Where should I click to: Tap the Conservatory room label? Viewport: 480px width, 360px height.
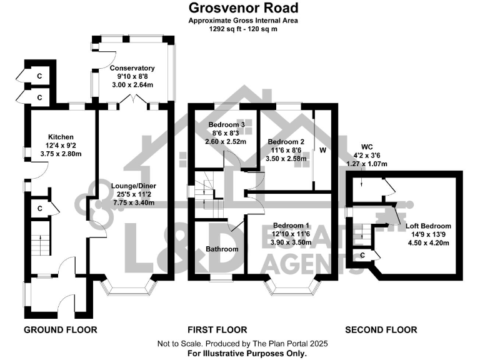pos(132,68)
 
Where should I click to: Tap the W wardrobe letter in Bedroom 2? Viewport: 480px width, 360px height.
pos(323,150)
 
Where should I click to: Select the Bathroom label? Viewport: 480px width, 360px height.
pos(222,249)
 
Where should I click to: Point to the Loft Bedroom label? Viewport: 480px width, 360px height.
pos(428,226)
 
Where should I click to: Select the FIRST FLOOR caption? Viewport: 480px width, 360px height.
pos(217,329)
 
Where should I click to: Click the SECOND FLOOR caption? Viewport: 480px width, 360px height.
pos(381,329)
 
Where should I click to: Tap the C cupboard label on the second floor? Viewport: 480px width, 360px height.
pos(362,254)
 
